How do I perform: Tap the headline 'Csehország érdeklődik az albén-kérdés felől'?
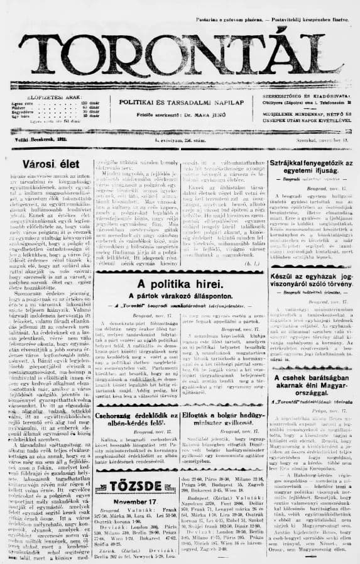coord(136,418)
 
